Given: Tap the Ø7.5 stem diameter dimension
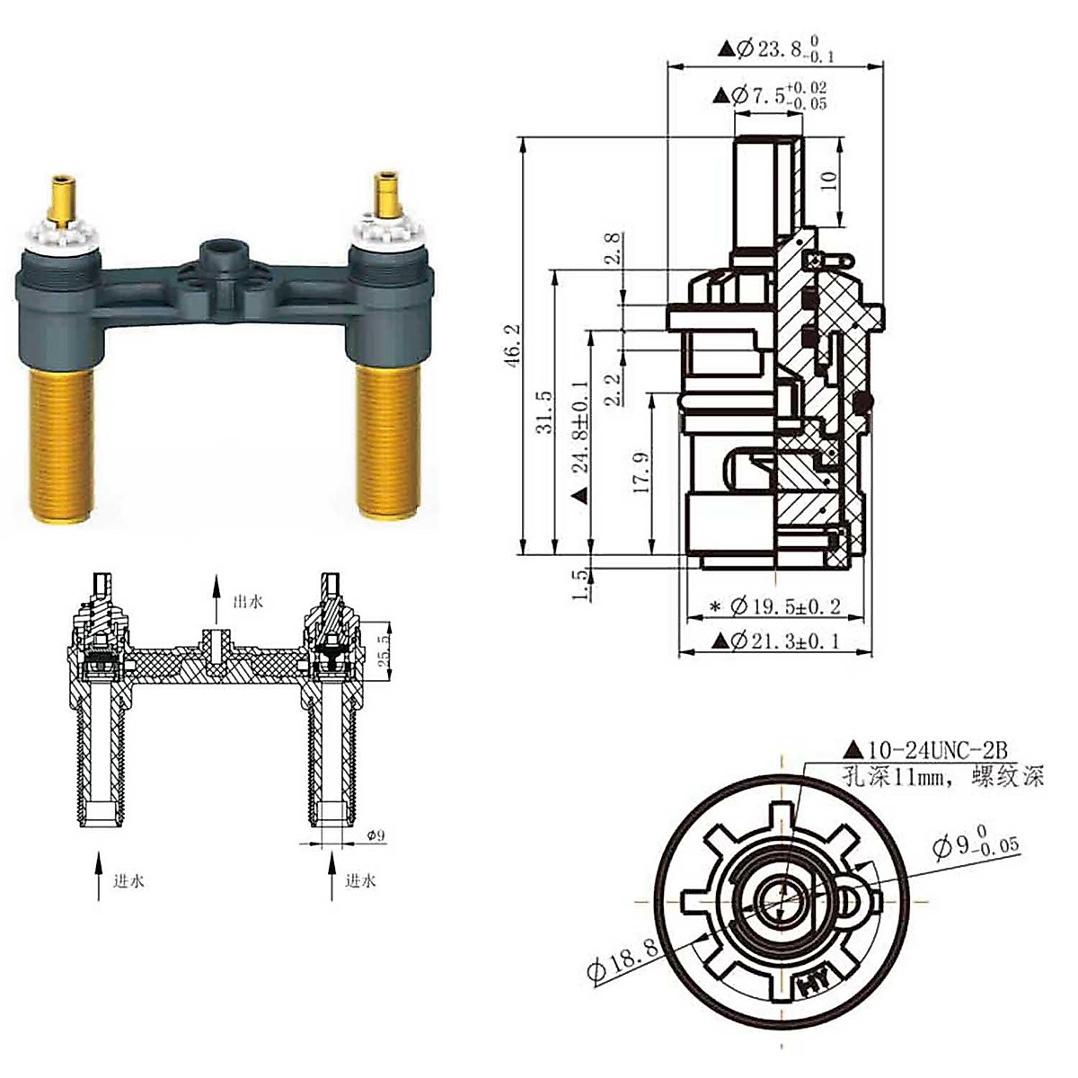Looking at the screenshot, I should pos(769,95).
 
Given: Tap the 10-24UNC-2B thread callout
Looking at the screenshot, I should pos(925,749).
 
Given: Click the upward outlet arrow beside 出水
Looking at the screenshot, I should pos(216,597).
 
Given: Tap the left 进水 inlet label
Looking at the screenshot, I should pos(128,881).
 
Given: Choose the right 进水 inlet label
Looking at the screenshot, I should pos(360,881).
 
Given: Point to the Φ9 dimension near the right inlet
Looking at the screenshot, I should pos(376,835).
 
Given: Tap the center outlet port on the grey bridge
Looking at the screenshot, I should pos(221,253).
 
